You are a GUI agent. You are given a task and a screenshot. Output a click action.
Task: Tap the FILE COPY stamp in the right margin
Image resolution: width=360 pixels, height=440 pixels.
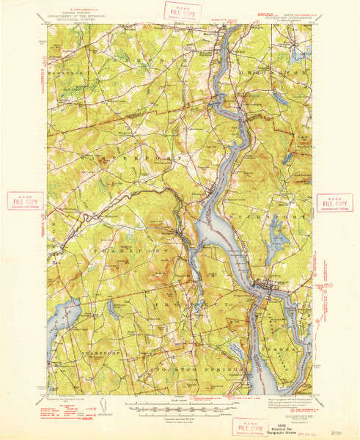coord(334,202)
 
